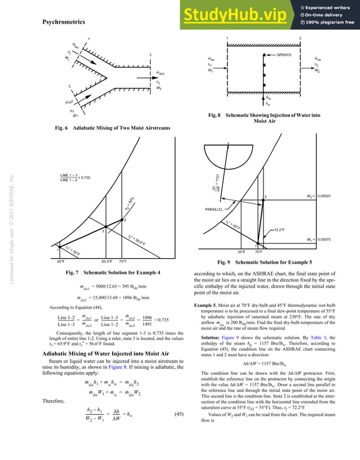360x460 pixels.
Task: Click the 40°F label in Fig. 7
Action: tap(60, 262)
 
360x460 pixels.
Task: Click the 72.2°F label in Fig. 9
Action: tap(283, 230)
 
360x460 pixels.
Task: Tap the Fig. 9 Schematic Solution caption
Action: tap(267, 262)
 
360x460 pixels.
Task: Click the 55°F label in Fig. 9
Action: tap(242, 252)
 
